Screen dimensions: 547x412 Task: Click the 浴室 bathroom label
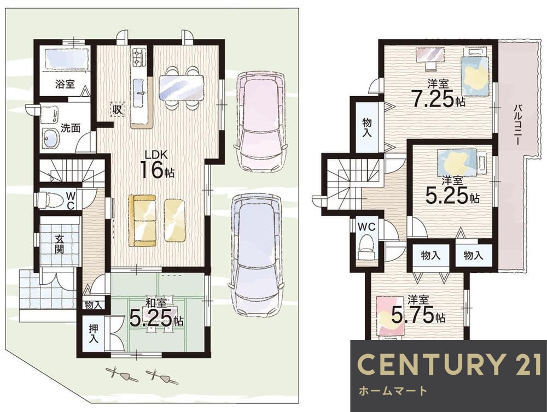point(65,84)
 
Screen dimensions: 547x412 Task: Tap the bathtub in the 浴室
point(66,58)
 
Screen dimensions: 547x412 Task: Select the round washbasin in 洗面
point(51,138)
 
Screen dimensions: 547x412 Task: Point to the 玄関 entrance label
point(59,244)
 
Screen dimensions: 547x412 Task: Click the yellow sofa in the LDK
point(142,220)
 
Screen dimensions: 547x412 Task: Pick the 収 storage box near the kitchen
point(118,110)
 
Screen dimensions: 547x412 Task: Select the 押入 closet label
point(93,333)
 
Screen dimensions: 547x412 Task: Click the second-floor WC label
point(366,227)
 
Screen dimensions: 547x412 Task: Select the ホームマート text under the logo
point(393,391)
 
